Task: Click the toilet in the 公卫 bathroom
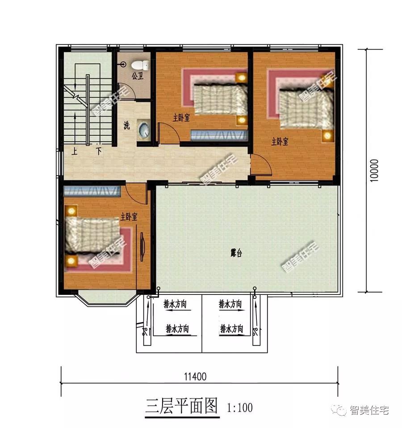click(x=140, y=65)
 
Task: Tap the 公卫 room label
click(x=137, y=76)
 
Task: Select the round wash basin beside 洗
click(x=144, y=129)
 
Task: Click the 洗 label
click(x=126, y=125)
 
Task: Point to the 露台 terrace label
click(x=236, y=253)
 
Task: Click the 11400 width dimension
click(x=195, y=377)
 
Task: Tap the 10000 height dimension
click(x=374, y=170)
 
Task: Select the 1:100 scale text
click(x=239, y=407)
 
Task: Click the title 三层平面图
click(x=182, y=406)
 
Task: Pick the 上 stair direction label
click(x=75, y=151)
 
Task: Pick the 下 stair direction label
click(x=99, y=151)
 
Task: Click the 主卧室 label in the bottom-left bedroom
click(x=129, y=217)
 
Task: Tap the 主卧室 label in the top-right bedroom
click(x=280, y=142)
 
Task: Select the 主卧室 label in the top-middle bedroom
click(x=181, y=118)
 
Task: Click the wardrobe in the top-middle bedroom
click(x=219, y=135)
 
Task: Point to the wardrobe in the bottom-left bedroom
click(x=92, y=191)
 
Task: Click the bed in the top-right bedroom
click(x=306, y=109)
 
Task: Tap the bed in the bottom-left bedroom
click(x=92, y=235)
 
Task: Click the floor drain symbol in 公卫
click(x=123, y=65)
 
